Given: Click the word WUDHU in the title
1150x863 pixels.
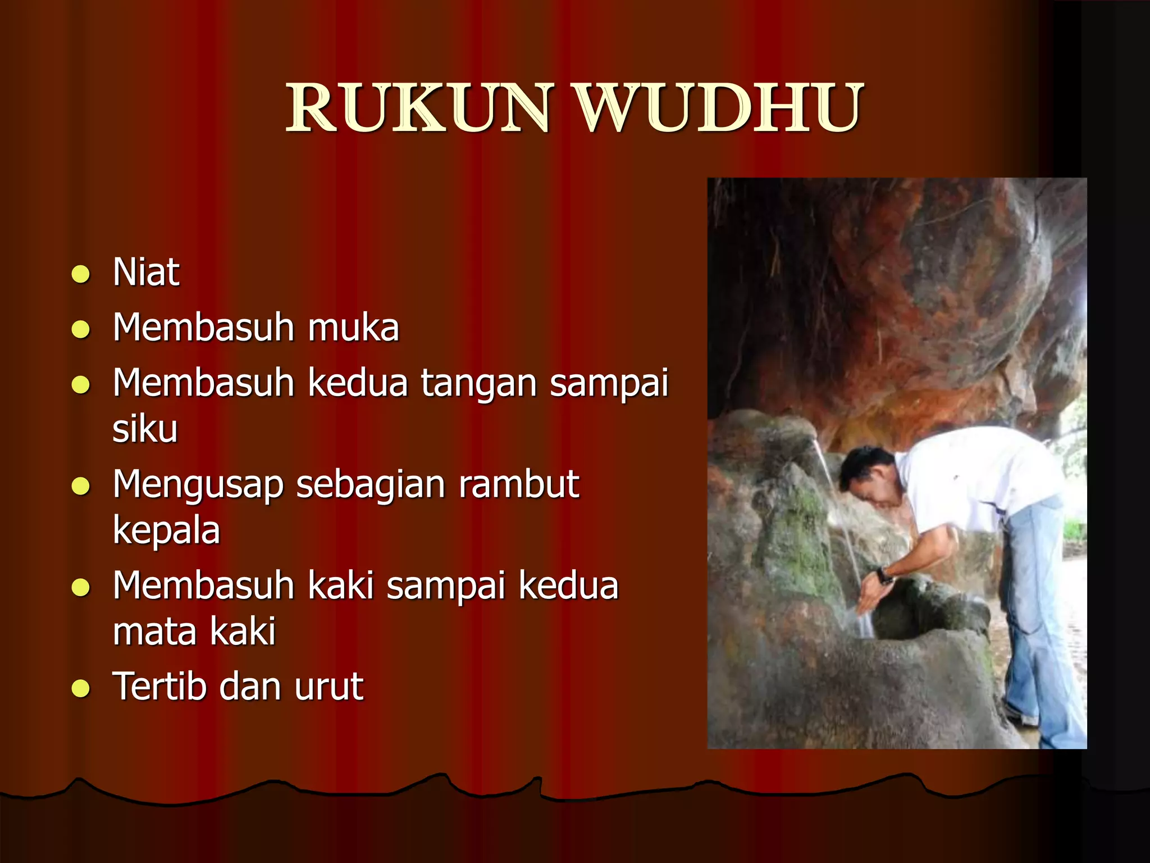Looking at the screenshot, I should click(x=720, y=108).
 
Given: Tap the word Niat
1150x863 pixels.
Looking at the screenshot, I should click(x=146, y=272).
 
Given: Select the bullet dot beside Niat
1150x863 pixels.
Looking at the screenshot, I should click(x=81, y=274).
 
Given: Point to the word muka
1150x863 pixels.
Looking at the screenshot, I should click(x=354, y=328).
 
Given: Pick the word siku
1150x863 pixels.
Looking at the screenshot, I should click(x=145, y=429).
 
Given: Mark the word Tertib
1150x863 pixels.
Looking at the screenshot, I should click(x=160, y=687).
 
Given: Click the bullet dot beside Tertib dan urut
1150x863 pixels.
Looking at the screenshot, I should click(x=81, y=688).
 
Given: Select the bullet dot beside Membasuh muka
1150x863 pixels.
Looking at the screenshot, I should click(x=81, y=330).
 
